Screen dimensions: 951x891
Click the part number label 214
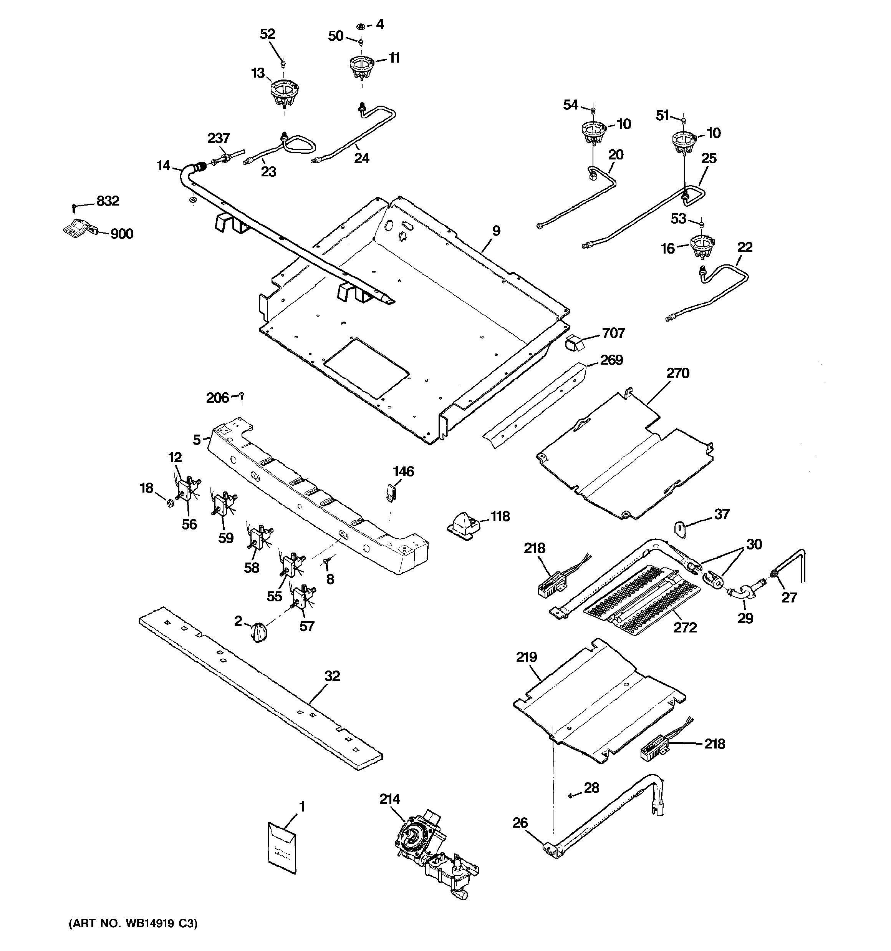pos(390,813)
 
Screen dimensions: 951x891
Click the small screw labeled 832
pos(73,207)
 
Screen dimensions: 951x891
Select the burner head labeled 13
pos(284,94)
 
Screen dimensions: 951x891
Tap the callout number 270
pos(678,373)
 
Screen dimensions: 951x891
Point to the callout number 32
pos(332,676)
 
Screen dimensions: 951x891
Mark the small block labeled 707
pos(574,343)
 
